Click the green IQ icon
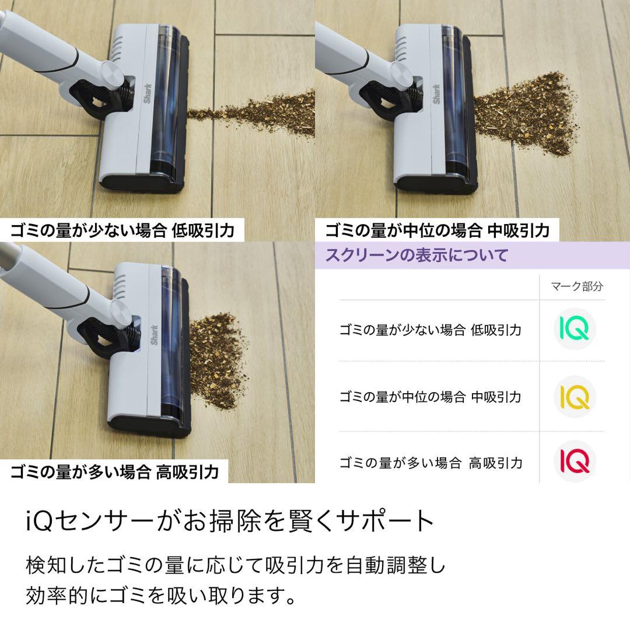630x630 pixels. coord(575,330)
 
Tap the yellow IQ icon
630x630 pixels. coord(575,397)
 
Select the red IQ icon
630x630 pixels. coord(575,462)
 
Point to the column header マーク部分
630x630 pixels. coord(576,286)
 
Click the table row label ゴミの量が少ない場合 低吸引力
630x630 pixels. coord(430,330)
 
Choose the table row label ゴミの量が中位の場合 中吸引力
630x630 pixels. coord(430,397)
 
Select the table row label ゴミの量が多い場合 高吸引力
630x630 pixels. coord(430,463)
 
